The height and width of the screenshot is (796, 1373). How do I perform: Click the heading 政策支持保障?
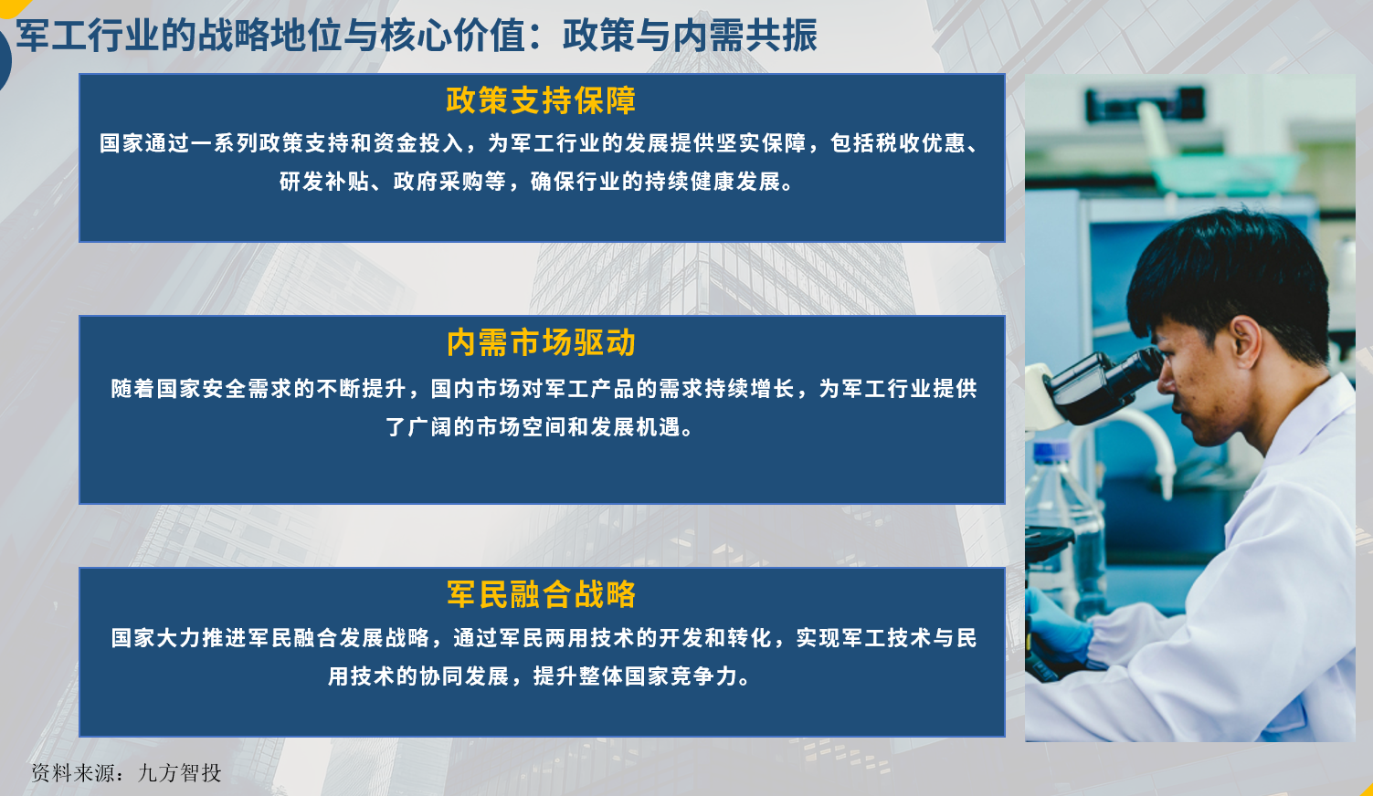point(541,99)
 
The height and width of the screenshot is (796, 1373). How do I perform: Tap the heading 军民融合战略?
point(541,593)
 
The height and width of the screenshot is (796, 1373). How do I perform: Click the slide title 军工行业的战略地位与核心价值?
point(270,35)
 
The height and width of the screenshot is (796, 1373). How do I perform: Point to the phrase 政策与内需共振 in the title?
point(691,35)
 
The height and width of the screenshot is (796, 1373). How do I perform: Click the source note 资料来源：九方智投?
point(126,773)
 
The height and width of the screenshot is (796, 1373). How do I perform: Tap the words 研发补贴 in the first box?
point(324,182)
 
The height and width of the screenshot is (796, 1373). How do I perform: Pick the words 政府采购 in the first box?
point(438,182)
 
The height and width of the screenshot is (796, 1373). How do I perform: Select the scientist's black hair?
point(1226,276)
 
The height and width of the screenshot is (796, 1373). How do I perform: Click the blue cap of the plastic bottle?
point(1051,452)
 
